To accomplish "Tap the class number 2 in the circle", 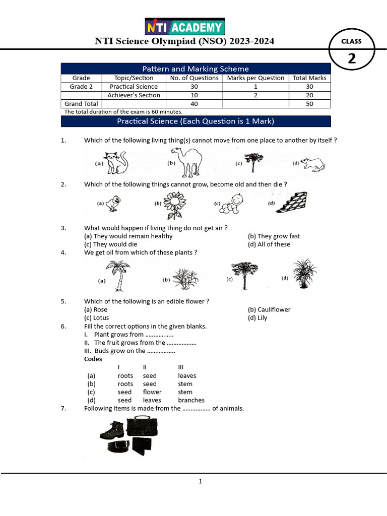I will click(x=351, y=58).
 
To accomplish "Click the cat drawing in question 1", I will click(x=115, y=163).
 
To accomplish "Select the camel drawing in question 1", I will click(x=186, y=162).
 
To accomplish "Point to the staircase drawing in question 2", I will click(x=292, y=203).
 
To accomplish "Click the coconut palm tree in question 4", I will click(x=118, y=275).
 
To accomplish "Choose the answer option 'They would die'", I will click(x=110, y=244).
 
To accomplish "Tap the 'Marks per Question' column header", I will click(x=255, y=78).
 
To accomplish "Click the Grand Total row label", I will click(x=81, y=104).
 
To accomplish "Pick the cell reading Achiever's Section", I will click(x=134, y=95).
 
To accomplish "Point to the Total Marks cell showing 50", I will click(x=309, y=104).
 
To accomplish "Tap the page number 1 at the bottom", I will click(x=200, y=481).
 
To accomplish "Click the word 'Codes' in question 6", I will click(x=93, y=359).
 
